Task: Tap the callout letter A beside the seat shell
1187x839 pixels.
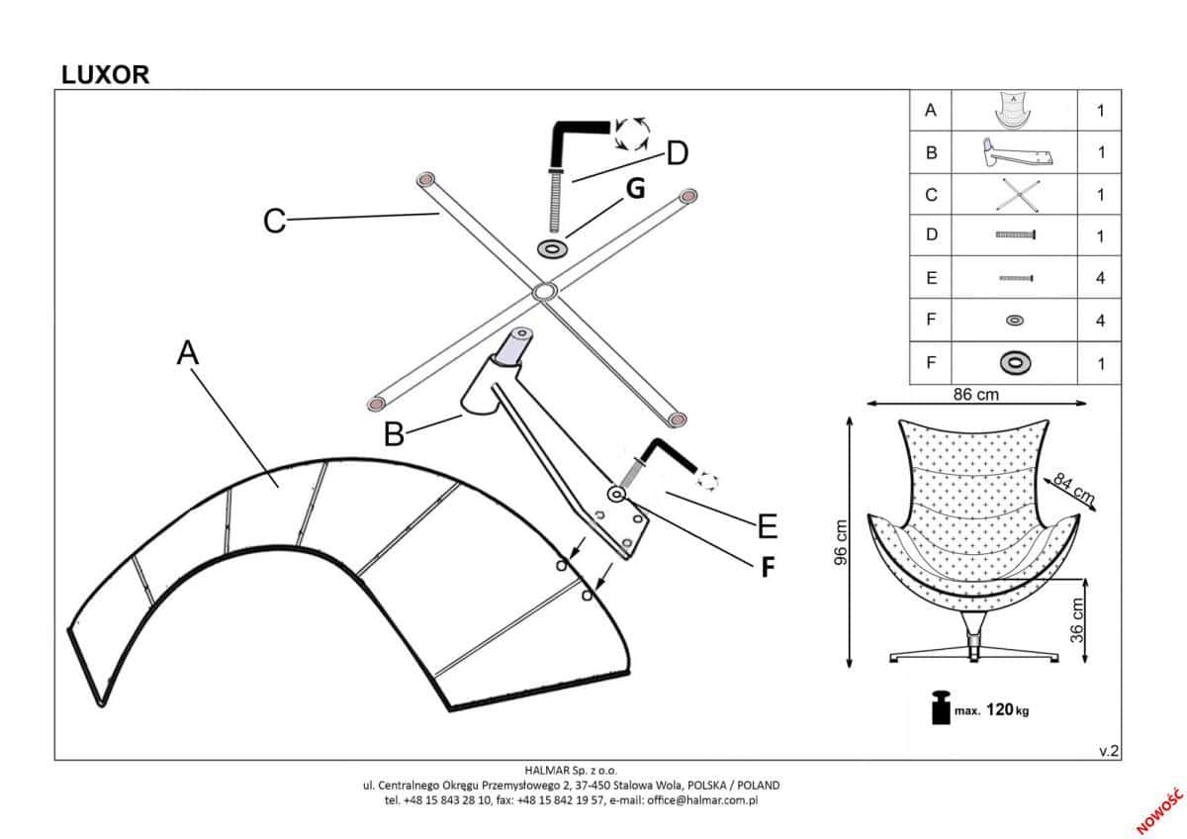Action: (x=188, y=353)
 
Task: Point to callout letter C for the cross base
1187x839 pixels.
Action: (x=274, y=221)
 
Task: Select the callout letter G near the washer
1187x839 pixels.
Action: (x=636, y=189)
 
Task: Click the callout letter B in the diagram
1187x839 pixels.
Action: (x=394, y=433)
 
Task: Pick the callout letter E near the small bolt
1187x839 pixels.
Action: (x=768, y=525)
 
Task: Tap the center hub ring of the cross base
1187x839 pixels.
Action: (x=543, y=292)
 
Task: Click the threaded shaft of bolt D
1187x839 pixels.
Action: (x=553, y=203)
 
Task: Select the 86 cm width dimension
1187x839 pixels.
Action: (x=975, y=394)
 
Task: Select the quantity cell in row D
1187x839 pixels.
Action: (x=1100, y=236)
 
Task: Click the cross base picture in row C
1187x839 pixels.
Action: (x=1013, y=195)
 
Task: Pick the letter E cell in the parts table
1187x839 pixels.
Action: (x=930, y=279)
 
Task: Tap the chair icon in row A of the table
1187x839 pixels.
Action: (x=1013, y=111)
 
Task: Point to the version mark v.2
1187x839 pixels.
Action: (x=1108, y=751)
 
